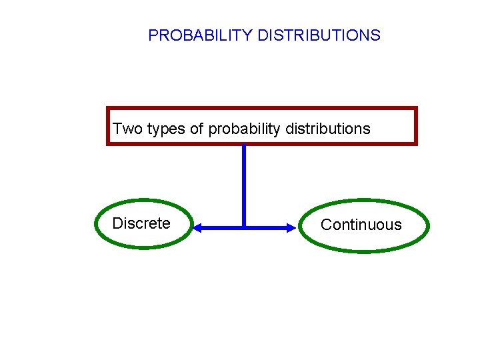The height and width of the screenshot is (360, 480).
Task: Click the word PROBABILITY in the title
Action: point(200,35)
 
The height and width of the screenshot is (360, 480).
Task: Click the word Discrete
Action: point(141,223)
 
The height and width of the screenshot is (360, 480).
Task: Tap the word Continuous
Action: point(361,225)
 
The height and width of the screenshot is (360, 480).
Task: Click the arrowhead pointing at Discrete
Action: point(197,228)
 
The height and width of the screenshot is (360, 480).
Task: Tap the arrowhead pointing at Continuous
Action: point(291,228)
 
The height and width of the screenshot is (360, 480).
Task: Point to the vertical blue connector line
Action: point(244,183)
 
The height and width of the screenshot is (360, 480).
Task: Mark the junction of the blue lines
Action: point(244,227)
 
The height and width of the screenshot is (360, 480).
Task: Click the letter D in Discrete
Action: point(117,223)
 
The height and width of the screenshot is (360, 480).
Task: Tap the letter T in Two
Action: point(117,129)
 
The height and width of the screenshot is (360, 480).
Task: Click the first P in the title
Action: point(153,35)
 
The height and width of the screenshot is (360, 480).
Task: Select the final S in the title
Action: point(376,35)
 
